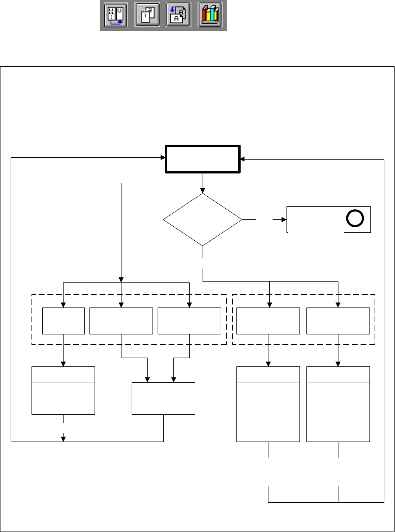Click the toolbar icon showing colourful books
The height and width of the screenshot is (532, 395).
210,16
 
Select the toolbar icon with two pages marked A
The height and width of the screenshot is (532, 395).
178,16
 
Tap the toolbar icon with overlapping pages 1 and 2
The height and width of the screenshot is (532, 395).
147,16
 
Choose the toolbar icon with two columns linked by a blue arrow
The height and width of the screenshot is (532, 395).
115,16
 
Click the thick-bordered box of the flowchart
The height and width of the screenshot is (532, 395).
203,160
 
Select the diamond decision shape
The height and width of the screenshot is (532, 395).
203,219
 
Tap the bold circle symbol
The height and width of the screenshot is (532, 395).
354,219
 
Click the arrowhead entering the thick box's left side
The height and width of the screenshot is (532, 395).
164,158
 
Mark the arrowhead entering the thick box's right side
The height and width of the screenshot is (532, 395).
243,160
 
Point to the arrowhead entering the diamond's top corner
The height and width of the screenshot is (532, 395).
203,190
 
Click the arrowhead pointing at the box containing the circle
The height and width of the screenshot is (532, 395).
284,219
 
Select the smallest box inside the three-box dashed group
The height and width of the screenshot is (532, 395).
64,320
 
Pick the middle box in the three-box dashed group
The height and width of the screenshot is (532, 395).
121,320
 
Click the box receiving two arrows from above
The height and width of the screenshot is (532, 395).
163,398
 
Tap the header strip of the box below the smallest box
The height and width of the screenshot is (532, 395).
63,374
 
